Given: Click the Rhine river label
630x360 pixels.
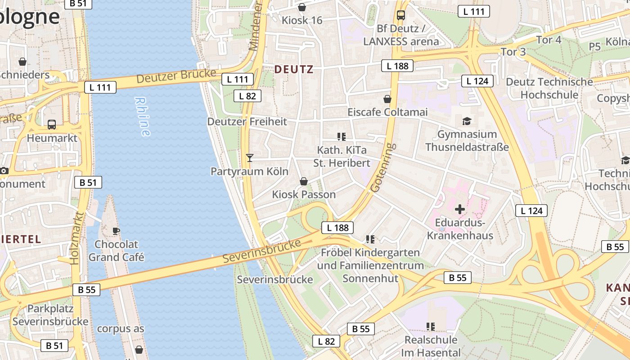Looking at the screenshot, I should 142,117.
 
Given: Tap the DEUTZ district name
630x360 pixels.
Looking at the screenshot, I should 293,69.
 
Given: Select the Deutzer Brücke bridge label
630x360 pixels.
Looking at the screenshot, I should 173,76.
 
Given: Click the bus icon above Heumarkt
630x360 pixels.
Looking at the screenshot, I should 52,125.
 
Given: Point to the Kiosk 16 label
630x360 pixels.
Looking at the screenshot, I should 302,20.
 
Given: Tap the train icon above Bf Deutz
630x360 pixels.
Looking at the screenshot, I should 400,15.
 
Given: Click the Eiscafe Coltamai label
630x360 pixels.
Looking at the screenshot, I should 387,112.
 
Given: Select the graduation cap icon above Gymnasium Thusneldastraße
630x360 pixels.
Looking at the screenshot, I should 467,121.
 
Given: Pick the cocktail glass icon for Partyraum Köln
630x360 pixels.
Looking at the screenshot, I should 250,158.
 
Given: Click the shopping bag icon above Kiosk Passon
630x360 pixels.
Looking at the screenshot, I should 304,181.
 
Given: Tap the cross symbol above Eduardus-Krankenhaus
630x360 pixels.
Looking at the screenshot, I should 460,209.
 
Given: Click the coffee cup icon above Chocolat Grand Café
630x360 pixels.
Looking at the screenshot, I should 116,231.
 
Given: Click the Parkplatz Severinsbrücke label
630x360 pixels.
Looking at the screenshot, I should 50,315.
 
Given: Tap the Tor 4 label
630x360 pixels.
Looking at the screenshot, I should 549,40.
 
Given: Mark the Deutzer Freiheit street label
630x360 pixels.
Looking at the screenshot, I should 247,121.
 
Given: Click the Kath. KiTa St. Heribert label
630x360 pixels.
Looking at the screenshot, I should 342,156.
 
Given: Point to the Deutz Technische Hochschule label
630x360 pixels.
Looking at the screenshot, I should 549,88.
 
